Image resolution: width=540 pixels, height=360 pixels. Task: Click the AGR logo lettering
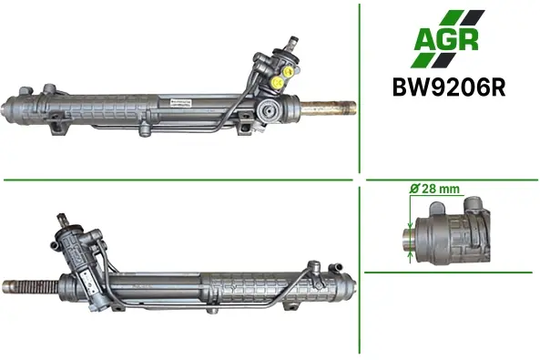(446, 39)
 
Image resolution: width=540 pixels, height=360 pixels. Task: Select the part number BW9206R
(449, 87)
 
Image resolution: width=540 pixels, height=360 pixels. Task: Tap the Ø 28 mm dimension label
(434, 189)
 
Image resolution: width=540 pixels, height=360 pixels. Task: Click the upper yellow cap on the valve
(288, 71)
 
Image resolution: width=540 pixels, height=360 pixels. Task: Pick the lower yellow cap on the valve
(277, 82)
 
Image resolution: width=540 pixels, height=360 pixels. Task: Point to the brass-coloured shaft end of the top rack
(329, 108)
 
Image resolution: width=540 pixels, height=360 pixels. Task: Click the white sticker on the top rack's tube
(181, 102)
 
